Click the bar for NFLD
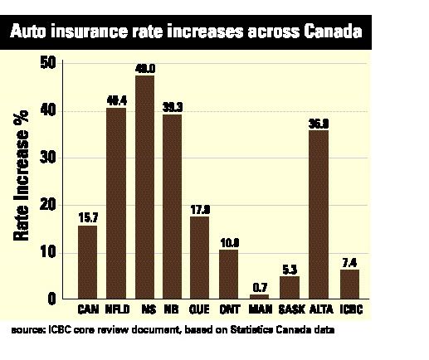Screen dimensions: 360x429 tap(115, 202)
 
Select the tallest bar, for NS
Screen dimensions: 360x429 tap(144, 186)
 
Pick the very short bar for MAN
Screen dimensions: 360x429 tap(260, 295)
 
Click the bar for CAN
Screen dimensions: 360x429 tap(87, 261)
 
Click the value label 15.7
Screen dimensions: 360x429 tap(87, 217)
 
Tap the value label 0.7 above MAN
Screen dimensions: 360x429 tap(261, 286)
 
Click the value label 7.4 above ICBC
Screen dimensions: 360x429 tap(350, 261)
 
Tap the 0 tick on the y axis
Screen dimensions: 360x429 tap(51, 299)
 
